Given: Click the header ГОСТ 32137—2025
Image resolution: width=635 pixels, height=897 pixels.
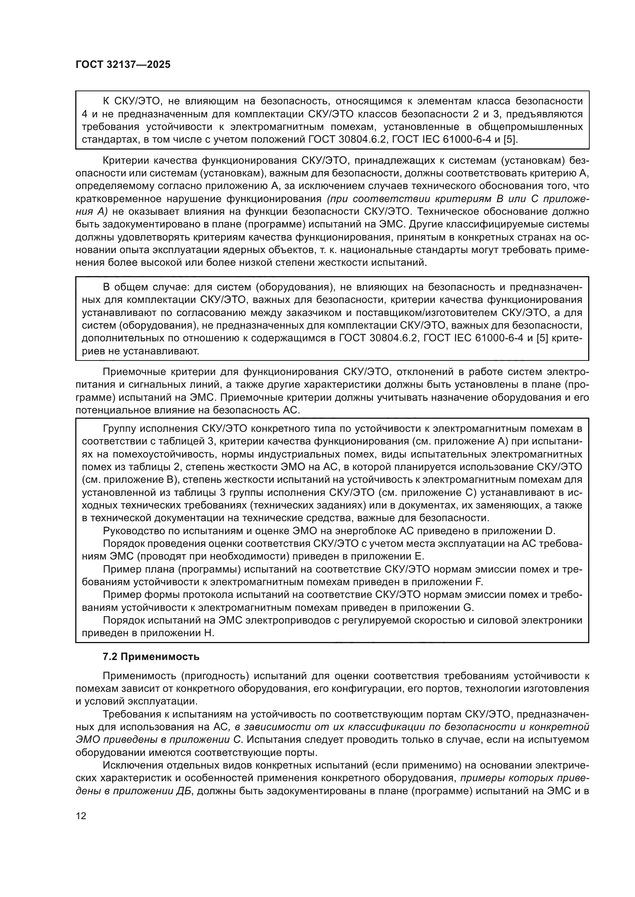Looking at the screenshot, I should coord(123,65).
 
